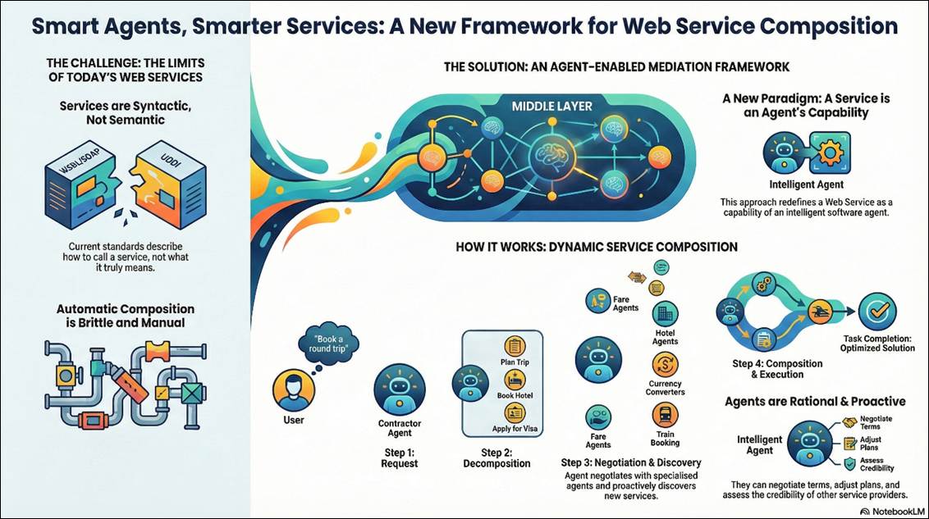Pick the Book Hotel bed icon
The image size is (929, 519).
coord(515,380)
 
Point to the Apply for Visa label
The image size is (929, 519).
coord(515,429)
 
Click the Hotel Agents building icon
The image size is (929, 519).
coord(664,313)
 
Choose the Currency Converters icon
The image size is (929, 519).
coord(664,365)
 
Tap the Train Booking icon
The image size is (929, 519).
coord(664,416)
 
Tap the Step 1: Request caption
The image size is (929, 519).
coord(399,458)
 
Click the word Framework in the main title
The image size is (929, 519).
coord(540,26)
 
